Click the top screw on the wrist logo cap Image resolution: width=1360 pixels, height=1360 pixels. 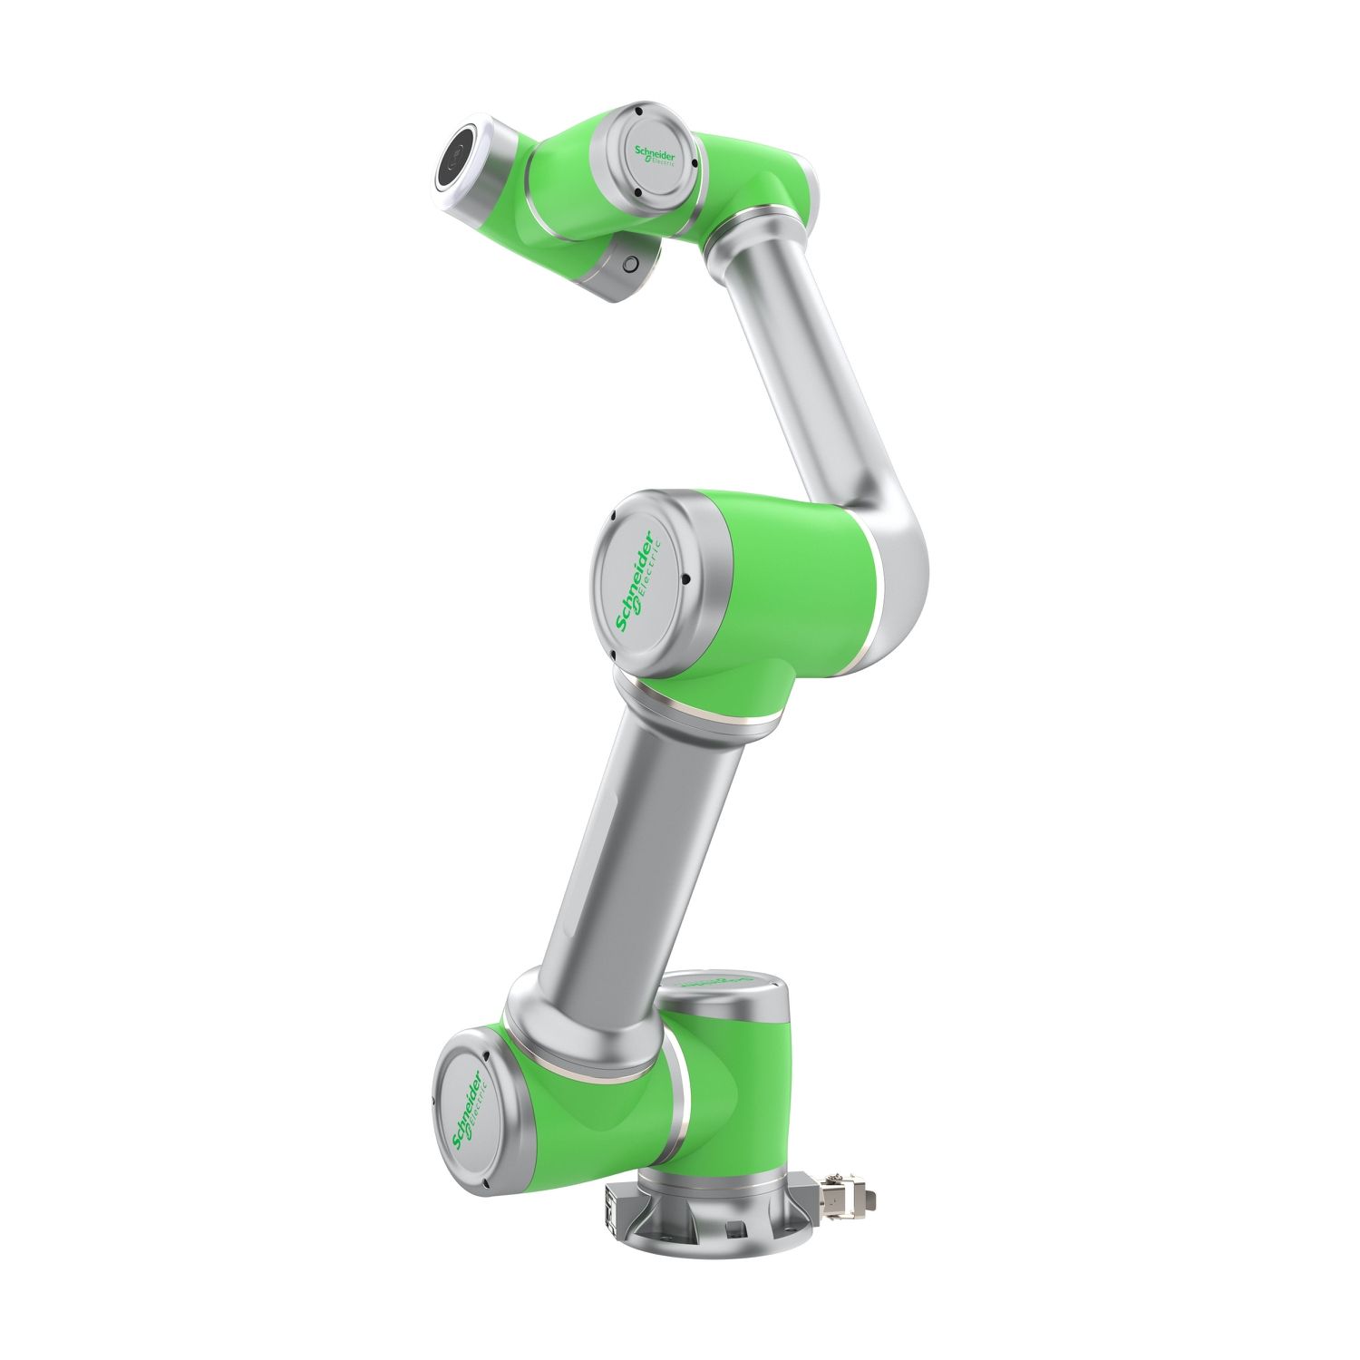(x=638, y=112)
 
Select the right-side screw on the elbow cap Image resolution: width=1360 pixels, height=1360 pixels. (x=688, y=580)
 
